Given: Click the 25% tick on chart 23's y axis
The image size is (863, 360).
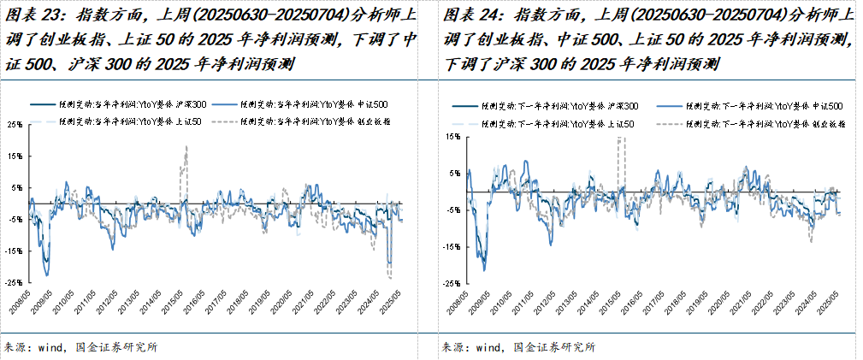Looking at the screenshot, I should (15, 124).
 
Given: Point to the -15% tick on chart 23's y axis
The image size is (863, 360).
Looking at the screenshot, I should (15, 251).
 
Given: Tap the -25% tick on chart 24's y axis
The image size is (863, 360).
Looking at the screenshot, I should (447, 282).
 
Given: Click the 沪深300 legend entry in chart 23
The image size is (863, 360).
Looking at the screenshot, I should (120, 103).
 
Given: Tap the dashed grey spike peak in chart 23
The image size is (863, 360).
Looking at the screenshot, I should (186, 147).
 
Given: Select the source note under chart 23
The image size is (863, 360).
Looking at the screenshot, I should (81, 347).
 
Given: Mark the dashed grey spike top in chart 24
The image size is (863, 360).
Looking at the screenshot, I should (621, 138).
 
